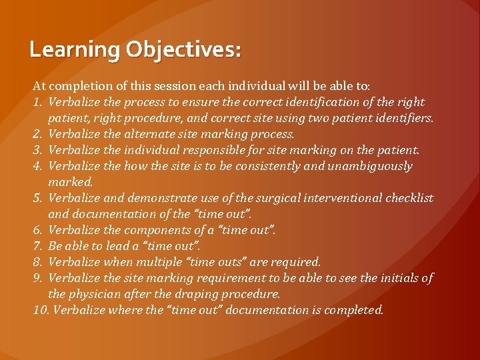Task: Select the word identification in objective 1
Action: [310, 102]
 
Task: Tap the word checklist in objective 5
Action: [409, 198]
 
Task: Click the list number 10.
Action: [41, 310]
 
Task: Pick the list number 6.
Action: [38, 230]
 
